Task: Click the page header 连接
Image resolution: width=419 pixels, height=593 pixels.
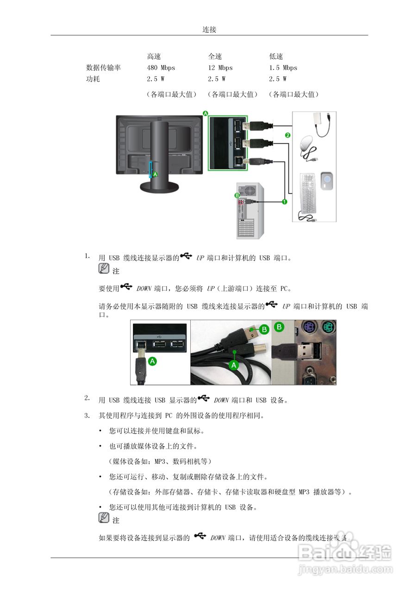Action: [209, 30]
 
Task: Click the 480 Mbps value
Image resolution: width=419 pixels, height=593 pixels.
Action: [161, 68]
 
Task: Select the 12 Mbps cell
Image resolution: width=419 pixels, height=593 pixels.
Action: [220, 68]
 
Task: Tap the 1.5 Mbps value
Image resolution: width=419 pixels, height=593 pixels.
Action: [283, 68]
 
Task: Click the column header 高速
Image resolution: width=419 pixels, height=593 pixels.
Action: [154, 57]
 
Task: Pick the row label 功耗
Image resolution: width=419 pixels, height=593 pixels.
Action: [93, 79]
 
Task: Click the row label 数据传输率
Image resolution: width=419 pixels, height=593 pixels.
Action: [104, 68]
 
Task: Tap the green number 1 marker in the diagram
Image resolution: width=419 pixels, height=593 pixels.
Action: [284, 202]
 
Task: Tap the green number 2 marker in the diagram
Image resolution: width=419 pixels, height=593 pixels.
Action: [287, 135]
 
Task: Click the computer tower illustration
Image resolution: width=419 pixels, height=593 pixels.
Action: [250, 211]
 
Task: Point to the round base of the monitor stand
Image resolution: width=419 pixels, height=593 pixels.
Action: [160, 186]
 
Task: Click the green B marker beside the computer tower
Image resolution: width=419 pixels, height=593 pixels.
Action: [237, 196]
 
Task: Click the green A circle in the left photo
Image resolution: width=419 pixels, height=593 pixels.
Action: [152, 361]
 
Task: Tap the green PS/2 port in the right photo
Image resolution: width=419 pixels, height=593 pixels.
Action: [326, 329]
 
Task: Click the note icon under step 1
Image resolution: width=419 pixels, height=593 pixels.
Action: [104, 269]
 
